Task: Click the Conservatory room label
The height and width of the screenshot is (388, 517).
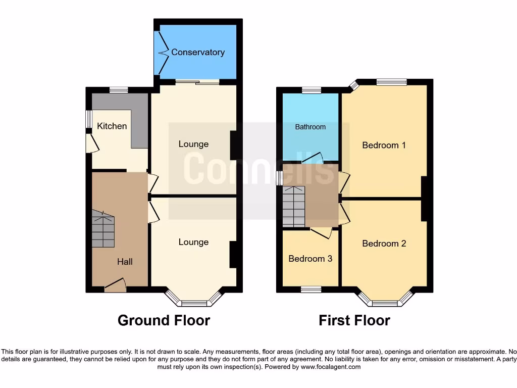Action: coord(198,52)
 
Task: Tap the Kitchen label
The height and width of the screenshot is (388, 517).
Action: coord(112,126)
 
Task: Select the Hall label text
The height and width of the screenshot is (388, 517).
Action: coord(125,262)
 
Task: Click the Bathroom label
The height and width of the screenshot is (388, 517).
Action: coord(310,127)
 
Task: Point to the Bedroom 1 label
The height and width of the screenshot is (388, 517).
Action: coord(384,145)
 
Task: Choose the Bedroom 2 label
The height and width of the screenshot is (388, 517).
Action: coord(384,244)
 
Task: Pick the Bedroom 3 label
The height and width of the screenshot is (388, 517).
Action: coord(310,259)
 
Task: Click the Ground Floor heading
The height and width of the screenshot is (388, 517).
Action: coord(164,320)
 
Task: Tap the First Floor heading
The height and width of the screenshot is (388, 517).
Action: coord(354,320)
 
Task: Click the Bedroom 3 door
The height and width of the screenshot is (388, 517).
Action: coord(321,232)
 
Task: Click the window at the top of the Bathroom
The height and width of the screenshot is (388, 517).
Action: coord(312,90)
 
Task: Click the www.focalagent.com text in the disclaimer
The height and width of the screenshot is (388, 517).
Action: coord(331,367)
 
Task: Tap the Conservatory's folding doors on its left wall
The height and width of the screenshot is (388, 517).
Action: coord(163,52)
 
